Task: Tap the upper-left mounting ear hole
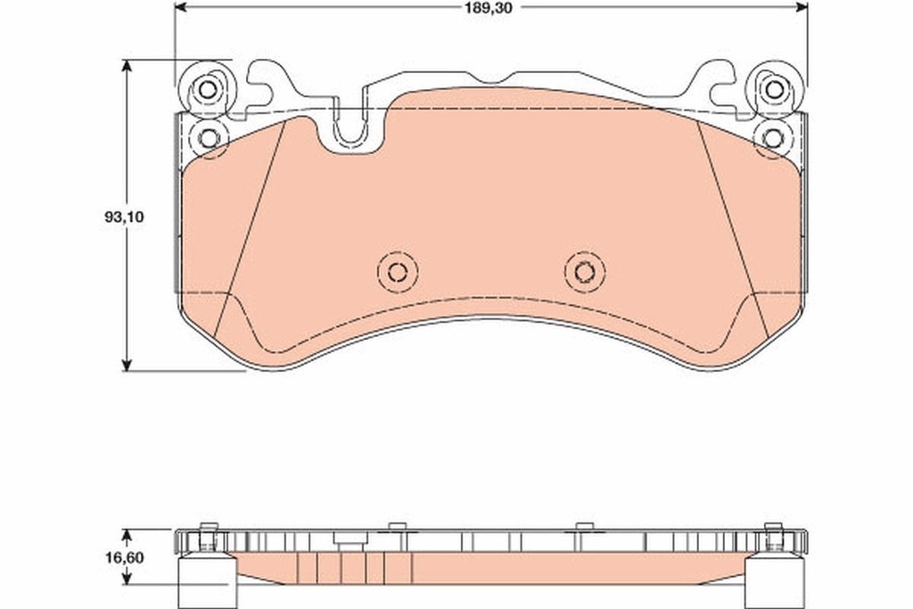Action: (x=207, y=90)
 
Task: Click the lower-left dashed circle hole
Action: (x=208, y=138)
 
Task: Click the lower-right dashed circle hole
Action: (x=772, y=138)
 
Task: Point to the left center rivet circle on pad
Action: (x=398, y=272)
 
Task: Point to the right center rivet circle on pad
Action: (x=584, y=272)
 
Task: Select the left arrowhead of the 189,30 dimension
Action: (x=179, y=6)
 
